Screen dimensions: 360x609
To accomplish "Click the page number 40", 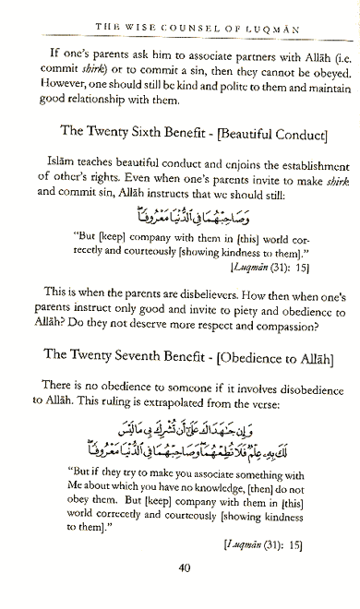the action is pos(185,592).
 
